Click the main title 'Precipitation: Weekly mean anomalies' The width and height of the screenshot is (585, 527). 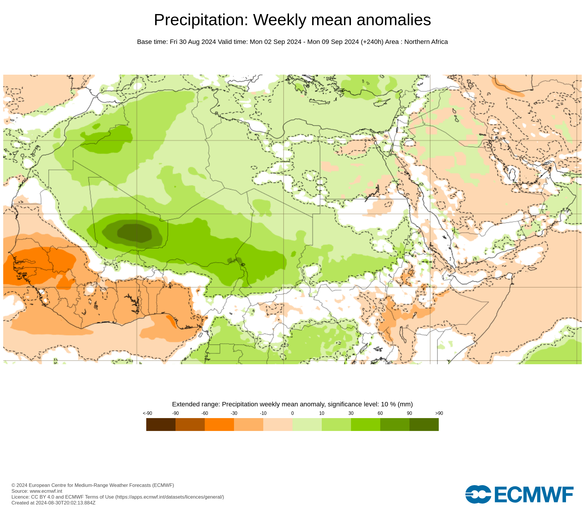(292, 20)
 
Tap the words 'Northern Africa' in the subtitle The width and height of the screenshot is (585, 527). (426, 42)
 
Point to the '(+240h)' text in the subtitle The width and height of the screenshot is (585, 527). (372, 42)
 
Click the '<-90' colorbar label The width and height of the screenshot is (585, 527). (147, 413)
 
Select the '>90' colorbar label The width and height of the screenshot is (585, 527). (439, 413)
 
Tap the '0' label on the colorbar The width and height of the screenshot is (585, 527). (292, 413)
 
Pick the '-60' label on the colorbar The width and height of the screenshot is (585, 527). (205, 413)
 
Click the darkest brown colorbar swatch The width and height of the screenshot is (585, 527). (161, 424)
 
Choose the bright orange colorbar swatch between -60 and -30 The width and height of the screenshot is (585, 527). (219, 424)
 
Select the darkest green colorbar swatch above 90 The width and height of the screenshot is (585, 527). (424, 424)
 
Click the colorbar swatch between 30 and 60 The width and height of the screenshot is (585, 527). (366, 424)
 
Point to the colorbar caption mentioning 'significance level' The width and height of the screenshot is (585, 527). (292, 404)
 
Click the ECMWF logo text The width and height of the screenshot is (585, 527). (534, 495)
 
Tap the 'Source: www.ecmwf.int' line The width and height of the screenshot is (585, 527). (37, 491)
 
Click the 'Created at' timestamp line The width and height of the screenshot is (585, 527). (54, 503)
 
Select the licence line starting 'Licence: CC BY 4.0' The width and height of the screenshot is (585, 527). (118, 497)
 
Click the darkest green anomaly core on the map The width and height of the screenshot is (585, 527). (135, 233)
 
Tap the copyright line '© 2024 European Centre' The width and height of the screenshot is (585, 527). (93, 485)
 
